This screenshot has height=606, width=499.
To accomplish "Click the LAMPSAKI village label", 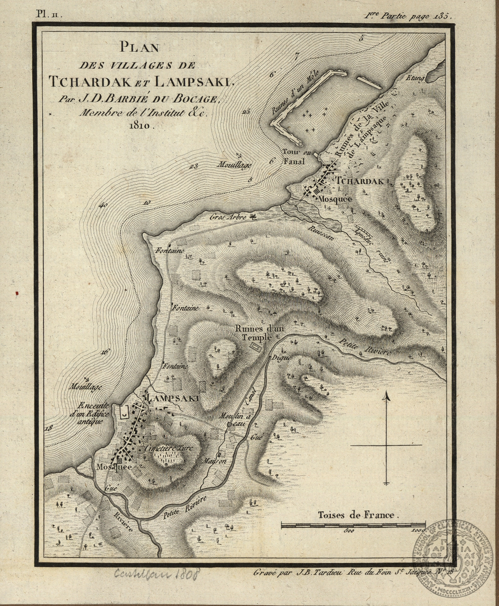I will [x=173, y=398].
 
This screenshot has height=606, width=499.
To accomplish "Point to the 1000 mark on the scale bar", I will [x=419, y=530].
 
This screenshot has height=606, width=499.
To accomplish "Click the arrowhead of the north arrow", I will [x=387, y=397].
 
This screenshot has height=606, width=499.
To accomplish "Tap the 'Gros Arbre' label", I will [x=228, y=216].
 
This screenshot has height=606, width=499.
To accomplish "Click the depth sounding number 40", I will [x=103, y=204].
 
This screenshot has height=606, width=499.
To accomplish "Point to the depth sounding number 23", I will [x=193, y=166].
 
